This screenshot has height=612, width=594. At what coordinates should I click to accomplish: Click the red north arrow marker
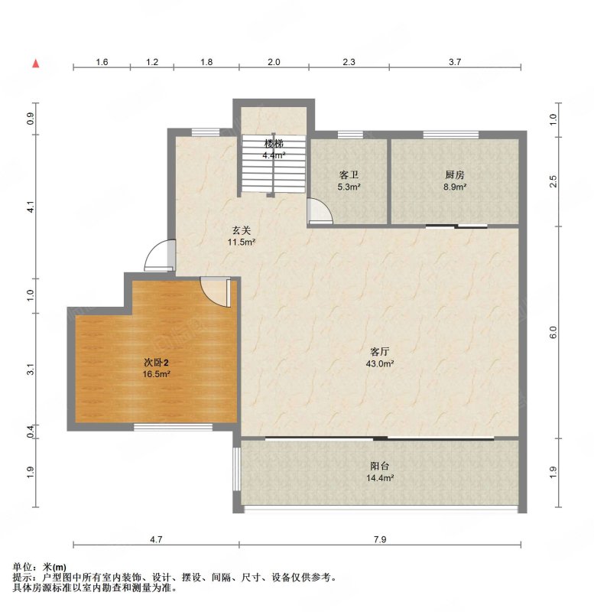(x=36, y=63)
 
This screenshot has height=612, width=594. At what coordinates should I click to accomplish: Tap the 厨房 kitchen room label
(x=455, y=175)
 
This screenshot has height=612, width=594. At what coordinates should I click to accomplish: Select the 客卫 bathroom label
(x=349, y=175)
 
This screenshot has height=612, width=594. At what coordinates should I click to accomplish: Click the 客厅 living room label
(x=379, y=352)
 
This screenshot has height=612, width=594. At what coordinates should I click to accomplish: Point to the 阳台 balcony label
(x=379, y=466)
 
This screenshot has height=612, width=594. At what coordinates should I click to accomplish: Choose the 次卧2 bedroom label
(x=157, y=363)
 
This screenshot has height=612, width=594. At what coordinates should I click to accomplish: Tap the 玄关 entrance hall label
(x=242, y=230)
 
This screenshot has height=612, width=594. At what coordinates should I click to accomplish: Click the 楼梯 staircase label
(x=274, y=143)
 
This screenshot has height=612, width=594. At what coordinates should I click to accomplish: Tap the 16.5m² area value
(x=157, y=374)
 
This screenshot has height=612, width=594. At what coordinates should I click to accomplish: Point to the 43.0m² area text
(x=379, y=364)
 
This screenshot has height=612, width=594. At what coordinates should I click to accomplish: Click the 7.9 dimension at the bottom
(x=380, y=539)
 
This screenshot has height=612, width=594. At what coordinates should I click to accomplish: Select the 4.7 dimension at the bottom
(x=156, y=539)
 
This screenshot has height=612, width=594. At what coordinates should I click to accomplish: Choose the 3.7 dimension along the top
(x=455, y=62)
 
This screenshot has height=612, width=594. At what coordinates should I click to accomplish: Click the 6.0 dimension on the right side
(x=553, y=332)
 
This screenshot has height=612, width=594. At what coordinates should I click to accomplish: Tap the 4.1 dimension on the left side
(x=31, y=207)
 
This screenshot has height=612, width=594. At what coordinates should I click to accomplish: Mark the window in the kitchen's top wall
(x=451, y=135)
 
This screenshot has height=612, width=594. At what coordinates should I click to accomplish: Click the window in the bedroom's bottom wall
(x=174, y=427)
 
